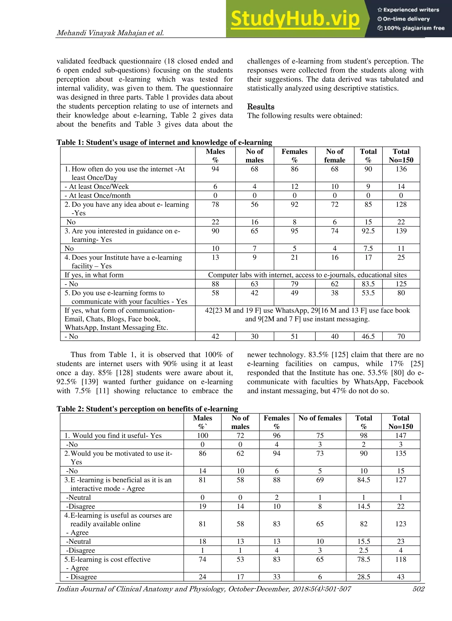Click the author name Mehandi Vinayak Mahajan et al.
point(110,33)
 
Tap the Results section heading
point(260,107)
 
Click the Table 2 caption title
point(147,409)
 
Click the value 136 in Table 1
point(401,169)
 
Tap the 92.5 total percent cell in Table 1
point(368,231)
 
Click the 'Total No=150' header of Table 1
point(401,155)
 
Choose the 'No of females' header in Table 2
point(320,418)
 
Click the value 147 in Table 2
point(401,435)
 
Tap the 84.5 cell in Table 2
point(363,480)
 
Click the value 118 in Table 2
point(401,559)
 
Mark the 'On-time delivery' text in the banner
point(406,19)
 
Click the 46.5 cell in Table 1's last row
point(368,336)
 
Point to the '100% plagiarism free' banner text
point(414,28)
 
